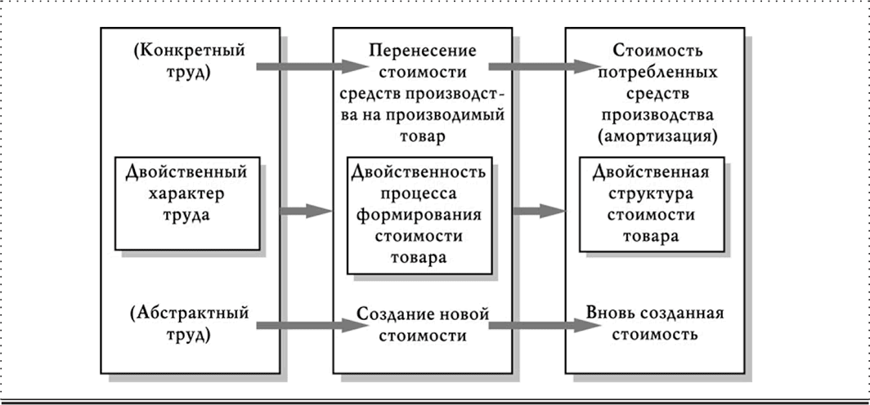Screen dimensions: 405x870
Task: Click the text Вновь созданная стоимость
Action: coord(654,324)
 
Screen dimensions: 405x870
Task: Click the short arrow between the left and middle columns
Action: coord(305,211)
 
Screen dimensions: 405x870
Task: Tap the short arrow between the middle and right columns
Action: coord(539,211)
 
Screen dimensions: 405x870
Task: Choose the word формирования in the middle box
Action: coord(419,216)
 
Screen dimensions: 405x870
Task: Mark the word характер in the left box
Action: coord(186,195)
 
